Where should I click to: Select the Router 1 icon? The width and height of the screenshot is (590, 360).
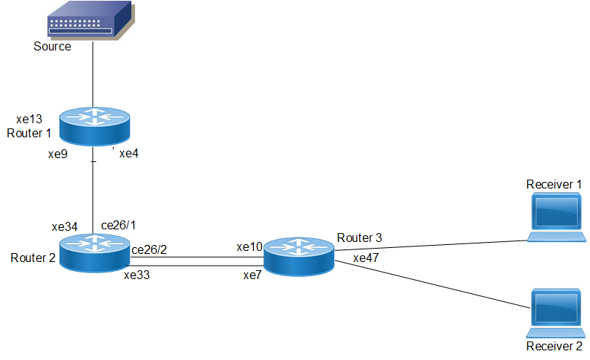(x=94, y=126)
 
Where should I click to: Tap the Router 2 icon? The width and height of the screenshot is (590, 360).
(x=94, y=252)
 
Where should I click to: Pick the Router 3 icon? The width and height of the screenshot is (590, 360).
(x=298, y=257)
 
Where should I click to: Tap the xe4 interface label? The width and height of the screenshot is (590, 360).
(x=129, y=154)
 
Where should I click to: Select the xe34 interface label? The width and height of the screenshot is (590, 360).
(x=65, y=226)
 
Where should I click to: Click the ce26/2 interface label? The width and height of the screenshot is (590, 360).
(x=149, y=249)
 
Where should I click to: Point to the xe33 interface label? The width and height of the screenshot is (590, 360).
(x=138, y=275)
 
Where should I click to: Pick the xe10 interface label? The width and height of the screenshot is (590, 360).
(x=249, y=246)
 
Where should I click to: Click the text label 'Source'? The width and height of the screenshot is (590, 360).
(x=52, y=46)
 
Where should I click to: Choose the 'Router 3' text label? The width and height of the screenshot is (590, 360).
(x=359, y=238)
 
